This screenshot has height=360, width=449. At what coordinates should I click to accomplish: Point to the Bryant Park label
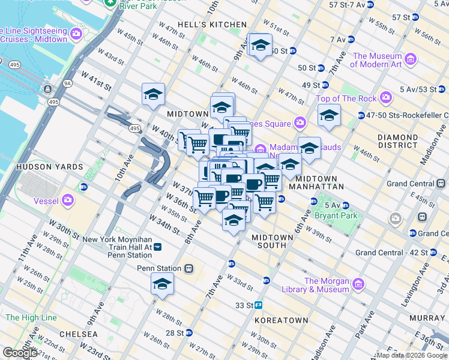tap(340, 215)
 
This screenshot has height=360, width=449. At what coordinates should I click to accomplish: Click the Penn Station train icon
tap(188, 268)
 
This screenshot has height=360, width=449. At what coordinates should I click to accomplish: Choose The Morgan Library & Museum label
tap(327, 285)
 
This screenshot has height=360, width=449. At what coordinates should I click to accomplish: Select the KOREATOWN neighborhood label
tap(281, 321)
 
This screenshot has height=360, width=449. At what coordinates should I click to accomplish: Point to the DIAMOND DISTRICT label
tap(397, 141)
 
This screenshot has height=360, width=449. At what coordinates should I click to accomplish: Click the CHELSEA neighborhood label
tap(78, 334)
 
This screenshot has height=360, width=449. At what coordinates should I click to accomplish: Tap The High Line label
tap(31, 317)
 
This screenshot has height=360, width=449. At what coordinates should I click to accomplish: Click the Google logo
tap(20, 353)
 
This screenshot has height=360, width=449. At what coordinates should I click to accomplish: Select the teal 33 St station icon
tap(259, 305)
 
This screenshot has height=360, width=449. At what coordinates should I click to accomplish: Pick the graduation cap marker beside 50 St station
tap(261, 46)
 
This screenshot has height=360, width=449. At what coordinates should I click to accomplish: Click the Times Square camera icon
tap(300, 123)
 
